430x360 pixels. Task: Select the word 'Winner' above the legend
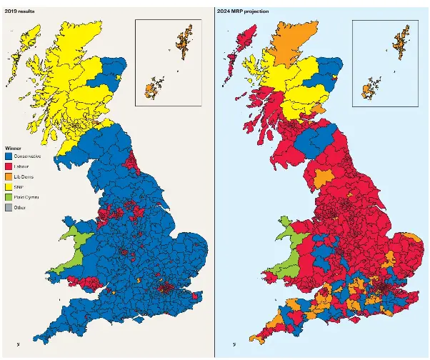coord(14,148)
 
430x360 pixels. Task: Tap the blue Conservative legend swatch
coord(9,156)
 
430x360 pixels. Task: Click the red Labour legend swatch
coord(9,166)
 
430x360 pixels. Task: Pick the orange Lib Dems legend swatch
coord(9,176)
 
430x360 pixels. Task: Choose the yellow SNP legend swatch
coord(9,186)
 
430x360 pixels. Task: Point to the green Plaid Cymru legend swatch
coord(9,197)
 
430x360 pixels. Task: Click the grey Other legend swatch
coord(9,207)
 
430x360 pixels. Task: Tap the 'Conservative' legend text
coord(27,156)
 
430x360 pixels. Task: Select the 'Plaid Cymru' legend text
coord(26,197)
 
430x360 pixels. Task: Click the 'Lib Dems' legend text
coord(24,176)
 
